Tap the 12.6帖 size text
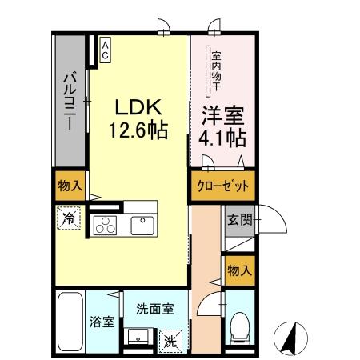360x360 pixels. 141,130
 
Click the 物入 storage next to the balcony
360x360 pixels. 70,186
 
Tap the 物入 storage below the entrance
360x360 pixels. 238,270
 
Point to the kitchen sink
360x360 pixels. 142,225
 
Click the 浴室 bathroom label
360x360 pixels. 102,322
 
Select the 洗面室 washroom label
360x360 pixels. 150,307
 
